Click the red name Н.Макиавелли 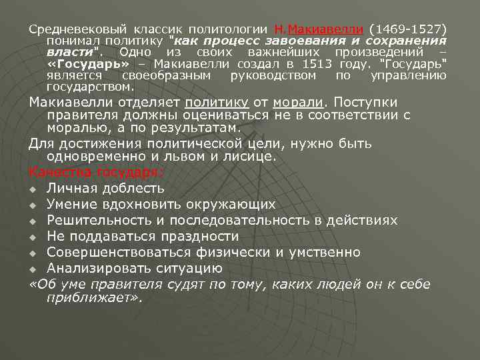click(x=319, y=30)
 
